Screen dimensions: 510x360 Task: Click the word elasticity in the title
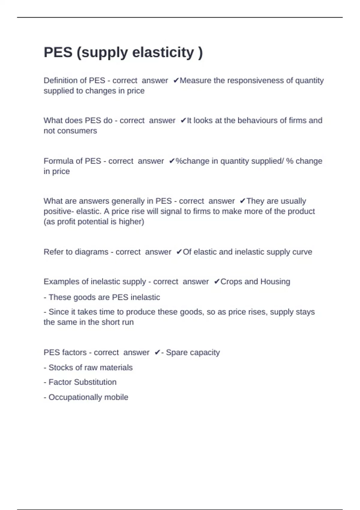[x=163, y=52]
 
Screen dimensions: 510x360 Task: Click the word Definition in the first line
[x=58, y=81]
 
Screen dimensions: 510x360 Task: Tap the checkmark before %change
[x=172, y=161]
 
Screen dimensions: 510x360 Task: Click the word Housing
[x=275, y=282]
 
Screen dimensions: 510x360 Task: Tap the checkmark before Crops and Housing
[x=217, y=282]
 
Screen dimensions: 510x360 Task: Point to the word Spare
[x=175, y=352]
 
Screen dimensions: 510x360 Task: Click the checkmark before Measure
[x=176, y=81]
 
